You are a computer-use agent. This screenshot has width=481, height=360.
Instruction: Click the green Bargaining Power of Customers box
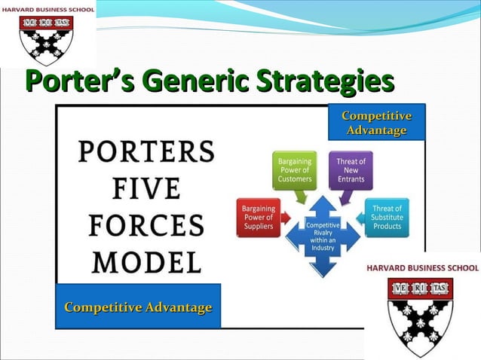pyautogui.click(x=293, y=170)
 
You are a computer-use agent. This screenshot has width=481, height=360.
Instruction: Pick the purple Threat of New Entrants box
pyautogui.click(x=351, y=170)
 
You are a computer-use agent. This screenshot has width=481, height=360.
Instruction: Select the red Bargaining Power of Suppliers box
pyautogui.click(x=259, y=218)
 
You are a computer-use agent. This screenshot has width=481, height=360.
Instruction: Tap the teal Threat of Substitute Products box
pyautogui.click(x=387, y=218)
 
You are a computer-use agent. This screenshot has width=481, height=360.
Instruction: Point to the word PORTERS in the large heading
pyautogui.click(x=146, y=152)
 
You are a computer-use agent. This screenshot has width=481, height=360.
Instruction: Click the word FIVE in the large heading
pyautogui.click(x=146, y=188)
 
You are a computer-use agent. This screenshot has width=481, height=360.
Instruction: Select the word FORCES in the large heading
pyautogui.click(x=146, y=225)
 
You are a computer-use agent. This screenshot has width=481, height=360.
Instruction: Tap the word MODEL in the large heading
pyautogui.click(x=146, y=261)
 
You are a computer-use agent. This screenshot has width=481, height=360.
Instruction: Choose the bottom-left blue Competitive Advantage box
pyautogui.click(x=138, y=307)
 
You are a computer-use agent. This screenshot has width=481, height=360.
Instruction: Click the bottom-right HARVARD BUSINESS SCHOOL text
pyautogui.click(x=422, y=267)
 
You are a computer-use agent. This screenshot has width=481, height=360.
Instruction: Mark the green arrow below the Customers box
pyautogui.click(x=302, y=197)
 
